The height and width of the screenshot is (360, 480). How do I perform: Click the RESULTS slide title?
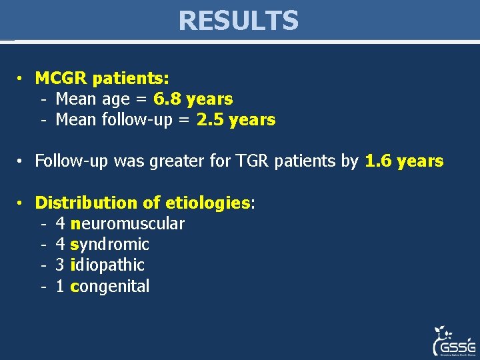[x=239, y=21]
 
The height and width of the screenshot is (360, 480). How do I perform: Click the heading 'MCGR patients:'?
[x=101, y=78]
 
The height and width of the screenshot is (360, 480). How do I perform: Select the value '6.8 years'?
[x=193, y=99]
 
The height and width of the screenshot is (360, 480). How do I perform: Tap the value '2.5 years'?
[x=235, y=120]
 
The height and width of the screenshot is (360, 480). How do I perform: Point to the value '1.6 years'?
[x=404, y=161]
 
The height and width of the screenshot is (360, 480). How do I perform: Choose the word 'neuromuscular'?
[x=127, y=223]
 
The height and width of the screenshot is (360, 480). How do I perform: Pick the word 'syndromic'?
[x=109, y=244]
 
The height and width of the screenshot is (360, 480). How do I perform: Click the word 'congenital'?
[x=109, y=286]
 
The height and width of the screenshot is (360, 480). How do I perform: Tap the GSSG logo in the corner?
[x=453, y=341]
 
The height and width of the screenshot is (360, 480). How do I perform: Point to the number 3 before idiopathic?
[x=60, y=265]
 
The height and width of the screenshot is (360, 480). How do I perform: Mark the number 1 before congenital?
[x=60, y=286]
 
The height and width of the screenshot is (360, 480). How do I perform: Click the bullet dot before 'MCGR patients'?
[x=21, y=79]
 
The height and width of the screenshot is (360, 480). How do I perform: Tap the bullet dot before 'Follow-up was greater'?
[x=21, y=162]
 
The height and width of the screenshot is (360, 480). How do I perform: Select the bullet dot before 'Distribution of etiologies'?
[x=21, y=203]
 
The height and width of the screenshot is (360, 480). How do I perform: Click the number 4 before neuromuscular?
[x=60, y=223]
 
